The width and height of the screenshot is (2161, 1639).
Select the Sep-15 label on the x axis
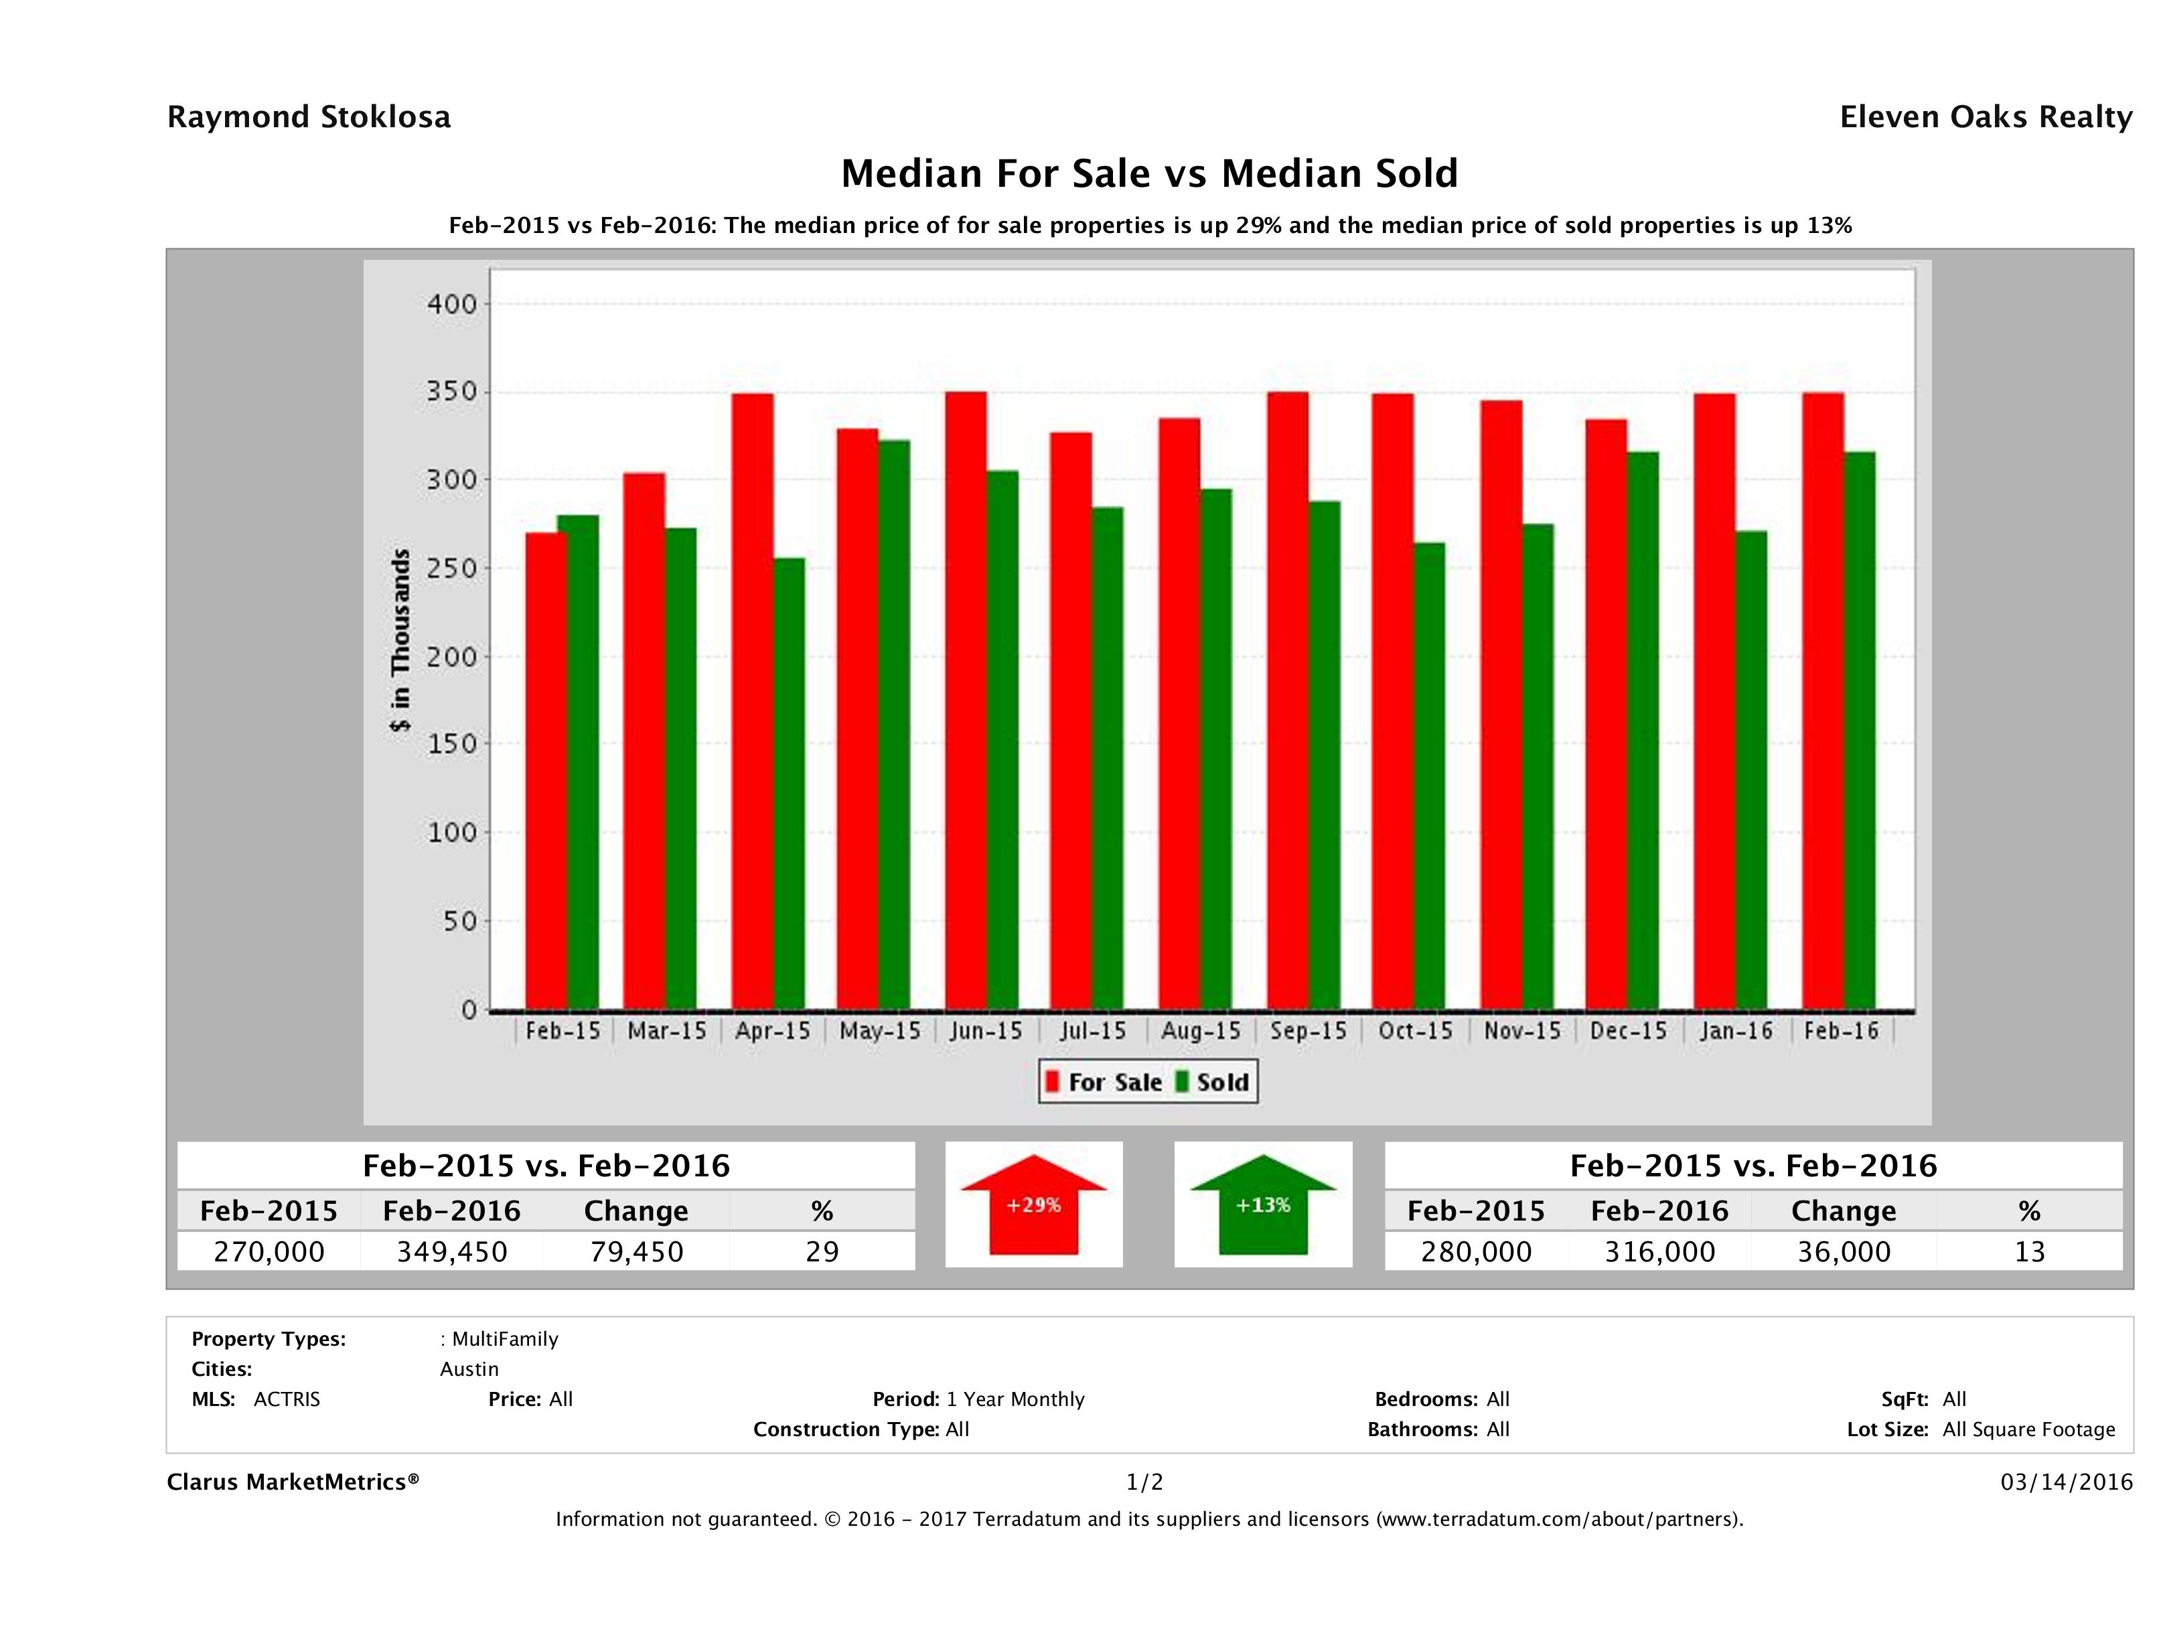click(x=1308, y=1032)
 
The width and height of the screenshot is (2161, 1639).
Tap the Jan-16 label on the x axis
click(x=1736, y=1032)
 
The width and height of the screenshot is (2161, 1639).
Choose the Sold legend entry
click(x=1212, y=1082)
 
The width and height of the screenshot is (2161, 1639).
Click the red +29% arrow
click(x=1033, y=1204)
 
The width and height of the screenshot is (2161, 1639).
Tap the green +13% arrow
click(x=1263, y=1204)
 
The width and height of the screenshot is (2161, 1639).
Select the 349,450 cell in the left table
click(x=452, y=1251)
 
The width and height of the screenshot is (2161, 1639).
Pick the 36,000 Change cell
click(x=1844, y=1251)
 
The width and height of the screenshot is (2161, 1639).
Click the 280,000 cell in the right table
click(x=1476, y=1251)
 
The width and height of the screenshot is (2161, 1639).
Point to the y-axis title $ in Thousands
click(x=400, y=640)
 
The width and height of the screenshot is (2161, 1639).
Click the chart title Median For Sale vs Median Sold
click(x=1149, y=174)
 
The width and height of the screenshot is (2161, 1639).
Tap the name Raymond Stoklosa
click(x=309, y=117)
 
